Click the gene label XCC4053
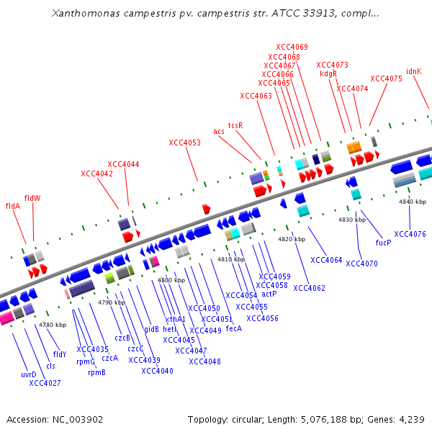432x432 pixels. coord(184,143)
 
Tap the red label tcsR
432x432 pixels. coord(235,125)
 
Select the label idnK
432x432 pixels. coord(414,71)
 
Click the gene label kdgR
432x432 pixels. coord(328,73)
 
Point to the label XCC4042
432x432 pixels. coord(96,174)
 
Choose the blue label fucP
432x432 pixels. coord(383,243)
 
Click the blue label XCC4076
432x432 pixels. coord(410,234)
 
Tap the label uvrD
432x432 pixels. coord(29,374)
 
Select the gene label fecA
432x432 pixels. coord(234,328)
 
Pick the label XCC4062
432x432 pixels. coord(309,289)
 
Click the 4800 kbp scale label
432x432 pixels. coord(171,280)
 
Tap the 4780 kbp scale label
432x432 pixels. coord(53,325)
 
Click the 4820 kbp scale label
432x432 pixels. coord(292,239)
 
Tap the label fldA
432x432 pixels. coord(13,206)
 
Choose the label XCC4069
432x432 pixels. coord(292,47)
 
